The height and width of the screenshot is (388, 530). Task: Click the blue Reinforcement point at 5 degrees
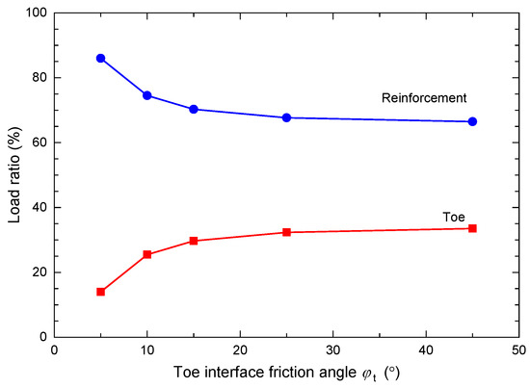click(100, 58)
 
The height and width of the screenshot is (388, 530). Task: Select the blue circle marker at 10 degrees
click(147, 95)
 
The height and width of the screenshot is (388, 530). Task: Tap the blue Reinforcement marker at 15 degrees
click(194, 109)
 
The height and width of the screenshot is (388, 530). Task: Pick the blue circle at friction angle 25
click(286, 117)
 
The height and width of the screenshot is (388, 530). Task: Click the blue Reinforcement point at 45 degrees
click(472, 121)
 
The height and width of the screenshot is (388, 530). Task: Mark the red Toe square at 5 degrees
click(100, 292)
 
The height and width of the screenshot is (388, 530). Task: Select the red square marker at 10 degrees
click(147, 254)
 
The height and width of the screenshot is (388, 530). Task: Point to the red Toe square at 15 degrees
click(194, 241)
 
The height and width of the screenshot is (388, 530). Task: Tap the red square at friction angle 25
click(286, 232)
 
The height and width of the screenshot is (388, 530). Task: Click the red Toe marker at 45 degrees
click(472, 228)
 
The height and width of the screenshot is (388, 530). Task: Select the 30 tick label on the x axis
click(332, 350)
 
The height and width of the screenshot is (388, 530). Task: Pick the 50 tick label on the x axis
click(518, 350)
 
